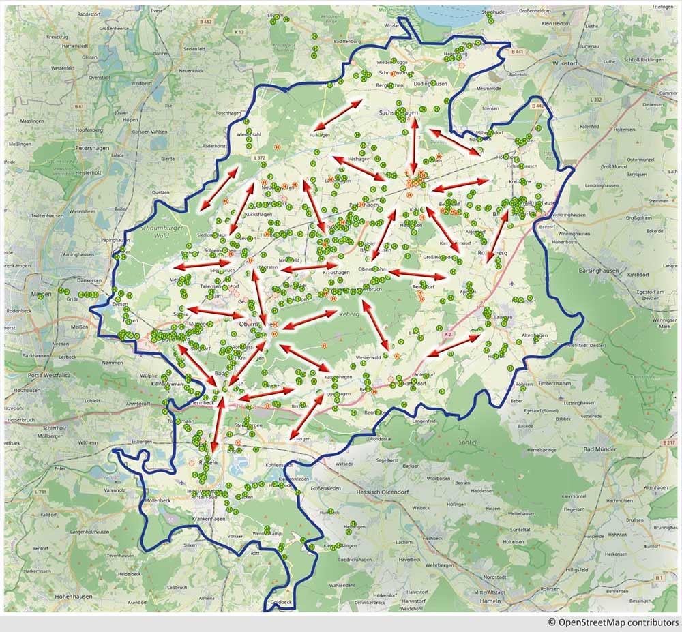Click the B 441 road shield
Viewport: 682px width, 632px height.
[519, 51]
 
